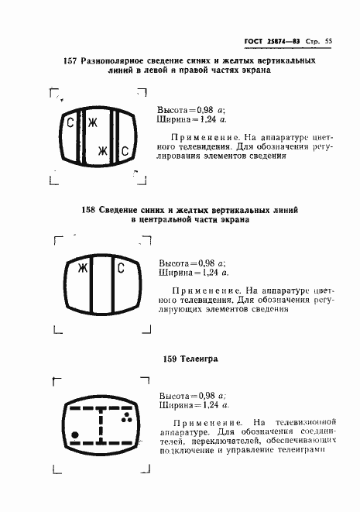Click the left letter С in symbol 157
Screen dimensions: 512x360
click(70, 123)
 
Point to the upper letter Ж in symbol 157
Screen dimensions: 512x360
click(92, 123)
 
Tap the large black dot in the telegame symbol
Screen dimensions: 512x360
click(74, 434)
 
